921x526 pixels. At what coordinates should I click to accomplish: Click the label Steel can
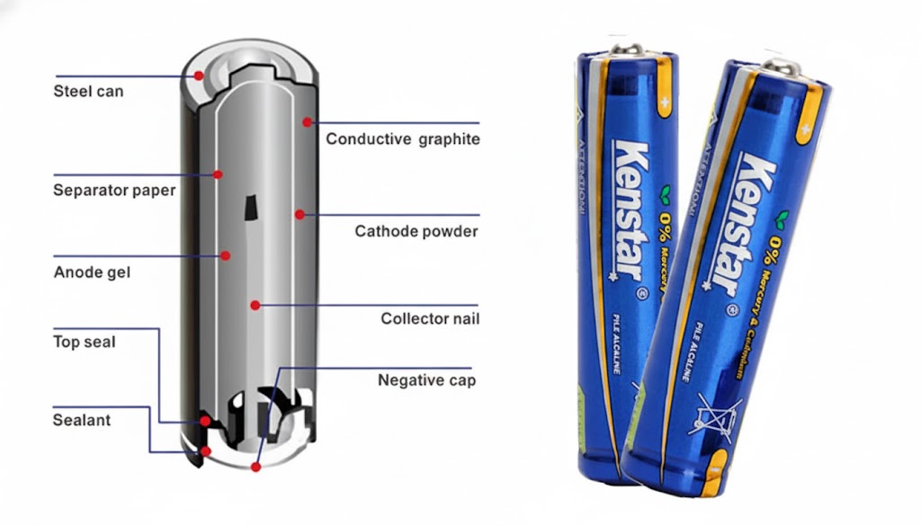pos(88,91)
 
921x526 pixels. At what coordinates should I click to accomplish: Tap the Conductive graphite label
pos(402,139)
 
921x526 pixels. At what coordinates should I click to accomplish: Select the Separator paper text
pos(114,191)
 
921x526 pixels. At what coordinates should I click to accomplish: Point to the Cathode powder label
pos(416,231)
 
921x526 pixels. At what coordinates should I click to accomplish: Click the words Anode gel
pos(92,272)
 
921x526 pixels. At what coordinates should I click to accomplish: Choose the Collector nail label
pos(430,319)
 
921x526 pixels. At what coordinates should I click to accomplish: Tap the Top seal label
pos(84,342)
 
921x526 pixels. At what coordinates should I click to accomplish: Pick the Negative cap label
pos(426,380)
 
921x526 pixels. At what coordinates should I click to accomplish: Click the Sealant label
pos(81,420)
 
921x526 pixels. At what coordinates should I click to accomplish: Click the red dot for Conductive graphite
pos(307,121)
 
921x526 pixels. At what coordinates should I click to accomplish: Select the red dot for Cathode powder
pos(298,214)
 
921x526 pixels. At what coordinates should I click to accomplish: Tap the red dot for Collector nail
pos(256,305)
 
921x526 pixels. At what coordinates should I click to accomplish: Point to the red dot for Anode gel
pos(225,255)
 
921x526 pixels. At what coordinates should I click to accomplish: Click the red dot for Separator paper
pos(217,174)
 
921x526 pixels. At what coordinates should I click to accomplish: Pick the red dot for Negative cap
pos(256,467)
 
